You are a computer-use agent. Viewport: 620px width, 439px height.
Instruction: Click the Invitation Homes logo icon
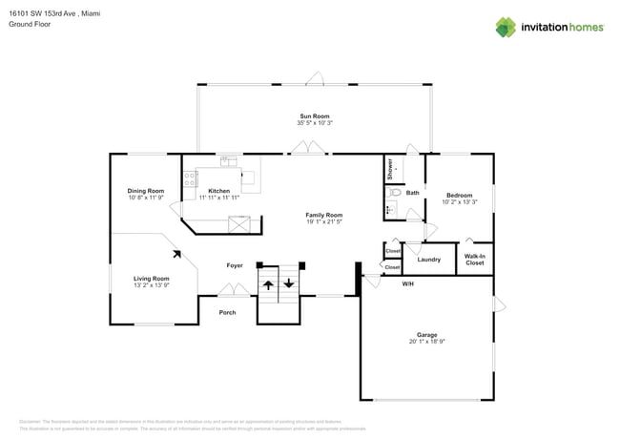coord(507,27)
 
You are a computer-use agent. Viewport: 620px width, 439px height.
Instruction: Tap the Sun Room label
coord(314,116)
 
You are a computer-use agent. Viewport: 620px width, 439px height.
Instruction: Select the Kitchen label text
coord(218,191)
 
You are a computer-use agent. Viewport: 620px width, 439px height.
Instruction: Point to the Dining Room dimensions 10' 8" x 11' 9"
coord(146,198)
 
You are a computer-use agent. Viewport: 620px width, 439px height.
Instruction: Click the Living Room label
coord(151,278)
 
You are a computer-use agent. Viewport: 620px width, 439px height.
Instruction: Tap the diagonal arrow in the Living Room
coord(176,254)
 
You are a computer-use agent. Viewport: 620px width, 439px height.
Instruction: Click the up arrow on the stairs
coord(268,283)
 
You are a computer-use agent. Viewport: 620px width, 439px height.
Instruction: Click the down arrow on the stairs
coord(289,283)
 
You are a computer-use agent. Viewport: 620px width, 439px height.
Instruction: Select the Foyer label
coord(235,264)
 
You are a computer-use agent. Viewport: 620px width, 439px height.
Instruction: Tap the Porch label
coord(227,312)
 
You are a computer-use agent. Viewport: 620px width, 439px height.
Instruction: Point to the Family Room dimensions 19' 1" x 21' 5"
coord(323,222)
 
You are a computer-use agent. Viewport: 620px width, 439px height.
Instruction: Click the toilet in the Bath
coord(393,192)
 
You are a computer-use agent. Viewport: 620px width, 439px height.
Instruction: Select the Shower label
coord(390,169)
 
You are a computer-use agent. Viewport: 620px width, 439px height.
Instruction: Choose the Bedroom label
coord(459,195)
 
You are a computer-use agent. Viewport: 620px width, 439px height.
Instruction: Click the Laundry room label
coord(428,259)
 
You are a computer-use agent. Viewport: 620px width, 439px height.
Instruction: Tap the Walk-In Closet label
coord(474,259)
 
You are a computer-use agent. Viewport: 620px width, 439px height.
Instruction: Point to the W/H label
coord(407,283)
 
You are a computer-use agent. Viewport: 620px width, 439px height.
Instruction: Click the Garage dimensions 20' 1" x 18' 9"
coord(426,342)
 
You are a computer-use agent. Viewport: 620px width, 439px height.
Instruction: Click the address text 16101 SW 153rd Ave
coord(47,13)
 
